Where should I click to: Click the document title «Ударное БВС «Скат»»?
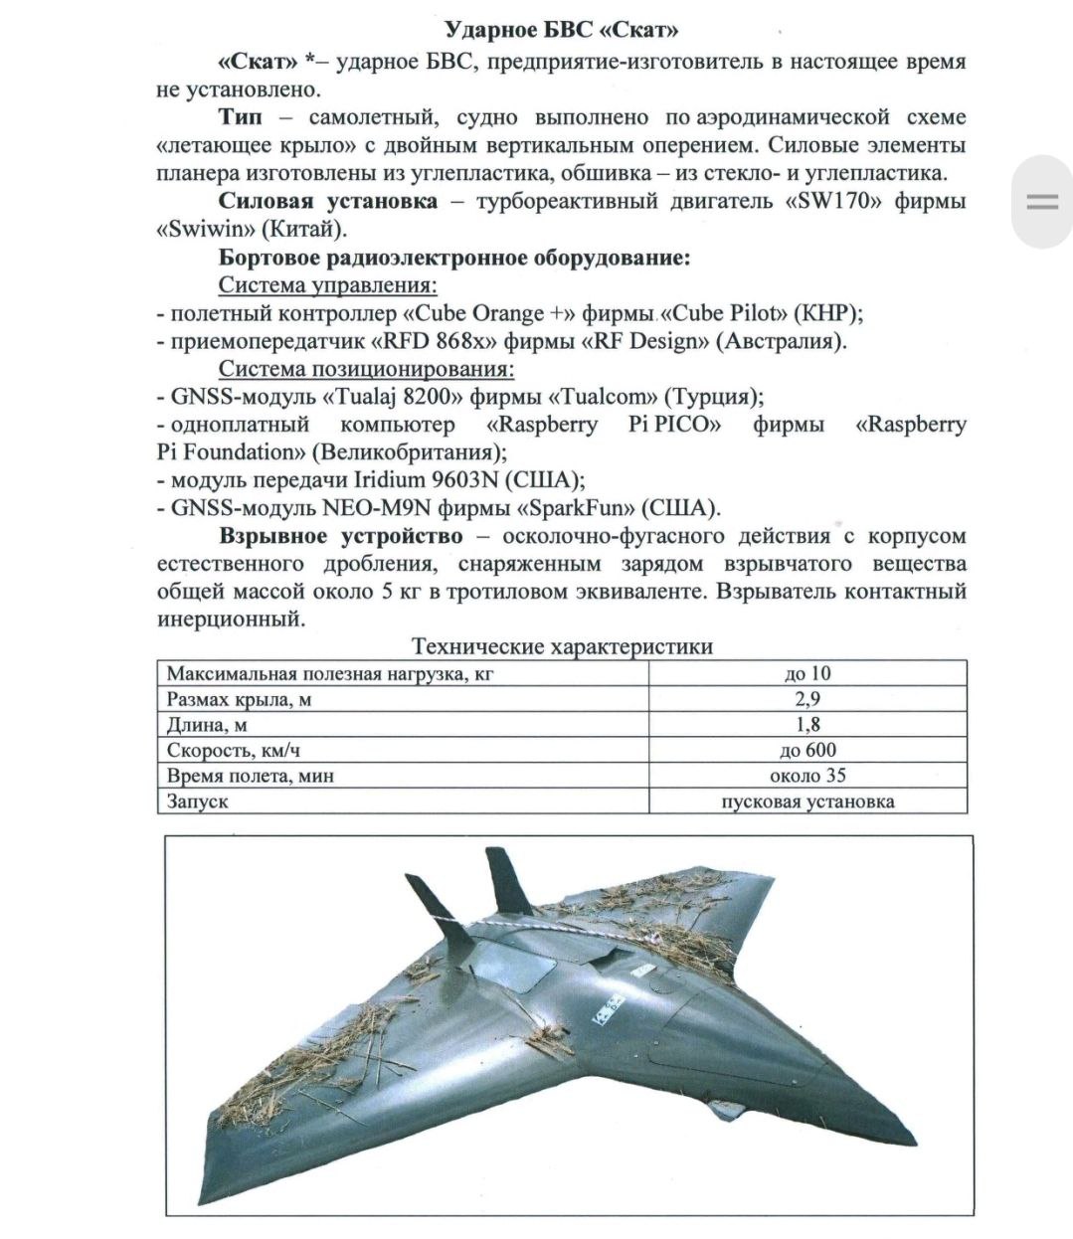562,30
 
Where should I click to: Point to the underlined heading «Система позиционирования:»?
366,369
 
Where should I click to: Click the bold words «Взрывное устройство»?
341,536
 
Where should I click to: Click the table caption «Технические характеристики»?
562,646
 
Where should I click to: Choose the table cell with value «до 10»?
807,673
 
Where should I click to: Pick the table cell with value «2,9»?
807,699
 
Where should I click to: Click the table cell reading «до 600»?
807,750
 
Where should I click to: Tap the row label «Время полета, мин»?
251,776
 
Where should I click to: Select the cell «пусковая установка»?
807,801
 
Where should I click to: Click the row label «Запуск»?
198,801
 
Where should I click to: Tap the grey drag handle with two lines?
1042,202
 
